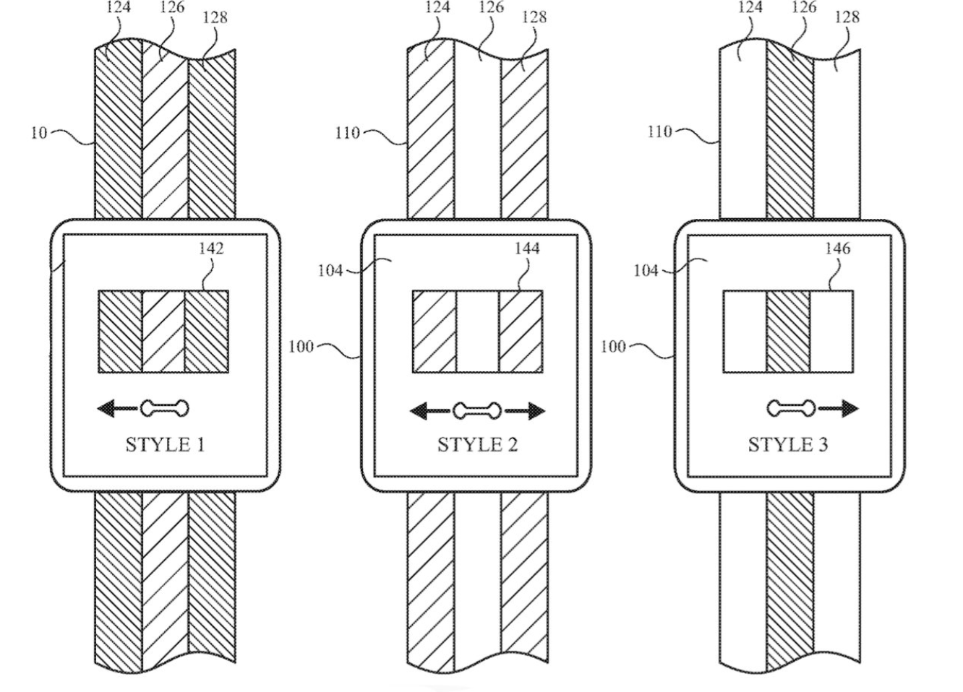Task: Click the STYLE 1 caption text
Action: pos(165,444)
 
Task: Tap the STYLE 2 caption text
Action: pos(478,444)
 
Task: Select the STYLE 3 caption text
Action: pos(788,444)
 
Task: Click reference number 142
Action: pos(212,248)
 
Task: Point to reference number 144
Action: pos(527,248)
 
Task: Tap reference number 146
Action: pos(838,248)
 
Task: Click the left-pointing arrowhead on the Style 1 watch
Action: pos(106,409)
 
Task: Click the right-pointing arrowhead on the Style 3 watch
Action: pos(850,409)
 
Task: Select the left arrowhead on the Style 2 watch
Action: pos(418,411)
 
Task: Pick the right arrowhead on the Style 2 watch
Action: pos(537,411)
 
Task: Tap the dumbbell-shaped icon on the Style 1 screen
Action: pos(164,409)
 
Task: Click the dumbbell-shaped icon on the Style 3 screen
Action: pos(791,409)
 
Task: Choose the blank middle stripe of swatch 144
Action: pos(478,332)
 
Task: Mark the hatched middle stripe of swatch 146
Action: pos(788,332)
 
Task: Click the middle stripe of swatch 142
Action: pos(163,332)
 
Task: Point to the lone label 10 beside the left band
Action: pos(39,133)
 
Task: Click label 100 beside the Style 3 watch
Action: pos(612,346)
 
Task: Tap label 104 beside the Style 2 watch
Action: pos(330,271)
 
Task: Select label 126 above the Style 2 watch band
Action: pos(491,7)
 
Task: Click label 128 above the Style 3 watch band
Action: pos(847,17)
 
